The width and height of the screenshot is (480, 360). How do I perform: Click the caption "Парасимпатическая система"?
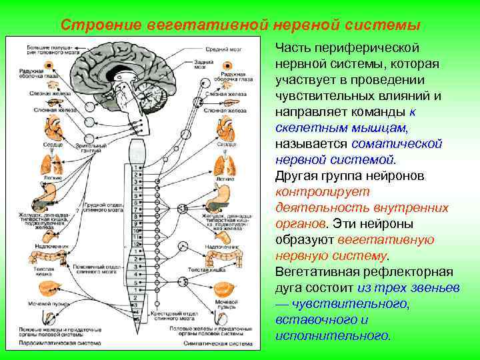(x=56, y=343)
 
